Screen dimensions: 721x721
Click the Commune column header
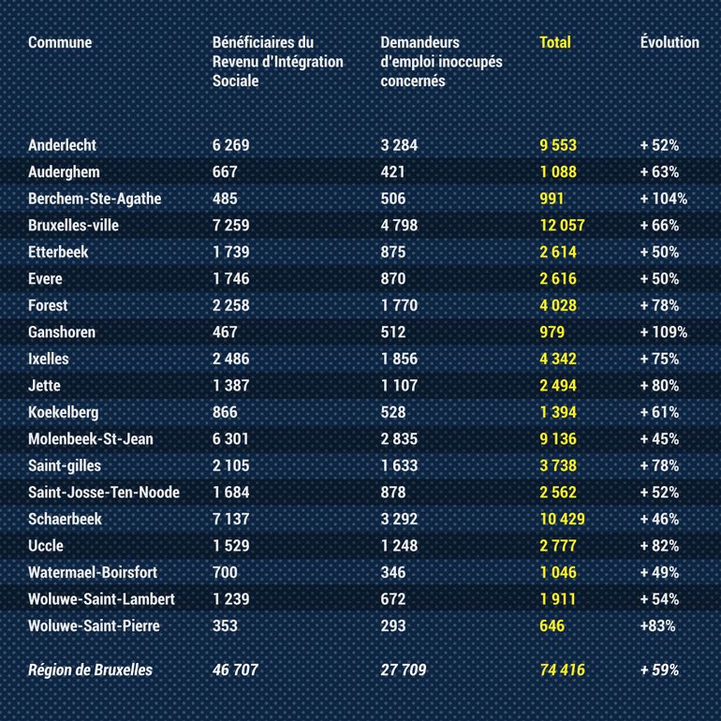click(60, 42)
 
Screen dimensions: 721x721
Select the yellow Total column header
click(555, 42)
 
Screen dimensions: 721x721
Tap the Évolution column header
click(669, 42)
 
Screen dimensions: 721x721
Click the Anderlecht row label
click(63, 145)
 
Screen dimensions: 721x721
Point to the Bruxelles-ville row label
click(74, 226)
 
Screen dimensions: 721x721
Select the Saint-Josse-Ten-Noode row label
click(104, 493)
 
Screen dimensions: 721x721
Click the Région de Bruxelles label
click(90, 670)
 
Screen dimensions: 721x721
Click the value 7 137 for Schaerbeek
click(231, 519)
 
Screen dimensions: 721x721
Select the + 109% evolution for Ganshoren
click(664, 332)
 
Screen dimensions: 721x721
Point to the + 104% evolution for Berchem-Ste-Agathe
click(664, 199)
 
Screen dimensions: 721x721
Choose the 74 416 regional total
click(562, 670)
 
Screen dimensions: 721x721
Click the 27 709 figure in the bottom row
click(404, 670)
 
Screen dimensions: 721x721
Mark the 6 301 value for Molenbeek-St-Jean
click(231, 439)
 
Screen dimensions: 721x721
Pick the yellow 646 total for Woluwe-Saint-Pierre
click(552, 625)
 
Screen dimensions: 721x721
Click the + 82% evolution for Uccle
click(660, 546)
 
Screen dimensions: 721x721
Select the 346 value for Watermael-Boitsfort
click(393, 572)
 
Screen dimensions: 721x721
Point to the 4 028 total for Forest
click(558, 305)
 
